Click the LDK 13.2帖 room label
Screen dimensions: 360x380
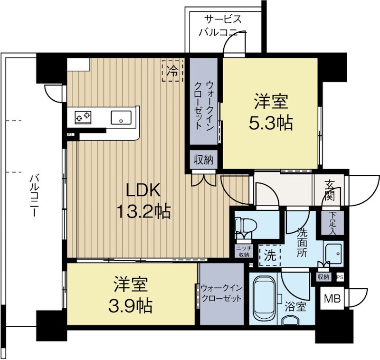[x=142, y=200]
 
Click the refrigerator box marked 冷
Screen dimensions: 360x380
[x=172, y=71]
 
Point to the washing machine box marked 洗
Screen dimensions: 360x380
[x=269, y=255]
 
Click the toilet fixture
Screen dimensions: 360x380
[x=244, y=227]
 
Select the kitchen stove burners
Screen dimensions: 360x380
[x=85, y=116]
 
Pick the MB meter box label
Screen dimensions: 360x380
[x=332, y=299]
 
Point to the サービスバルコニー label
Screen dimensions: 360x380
[x=222, y=26]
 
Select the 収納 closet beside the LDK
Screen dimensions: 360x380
[x=204, y=160]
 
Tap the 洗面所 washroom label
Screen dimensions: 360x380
[x=302, y=242]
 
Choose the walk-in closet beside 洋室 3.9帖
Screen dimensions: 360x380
[x=221, y=294]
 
